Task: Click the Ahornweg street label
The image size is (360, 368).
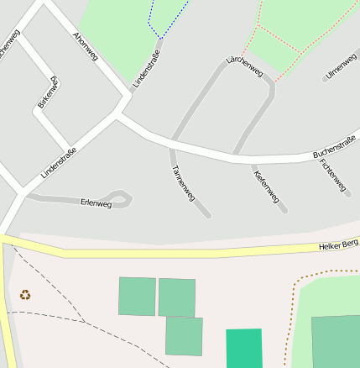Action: pyautogui.click(x=86, y=47)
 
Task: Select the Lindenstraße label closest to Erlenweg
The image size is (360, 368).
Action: pyautogui.click(x=59, y=163)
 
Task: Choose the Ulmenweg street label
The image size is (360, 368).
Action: pyautogui.click(x=341, y=66)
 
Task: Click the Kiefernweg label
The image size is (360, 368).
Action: pyautogui.click(x=266, y=187)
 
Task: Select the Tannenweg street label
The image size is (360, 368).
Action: pyautogui.click(x=183, y=182)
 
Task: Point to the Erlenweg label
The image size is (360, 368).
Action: pyautogui.click(x=96, y=202)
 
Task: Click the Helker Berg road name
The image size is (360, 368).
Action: pyautogui.click(x=338, y=245)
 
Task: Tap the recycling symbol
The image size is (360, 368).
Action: pyautogui.click(x=25, y=295)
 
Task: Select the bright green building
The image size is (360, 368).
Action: pyautogui.click(x=244, y=349)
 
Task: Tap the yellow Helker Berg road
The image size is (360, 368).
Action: pyautogui.click(x=168, y=251)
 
